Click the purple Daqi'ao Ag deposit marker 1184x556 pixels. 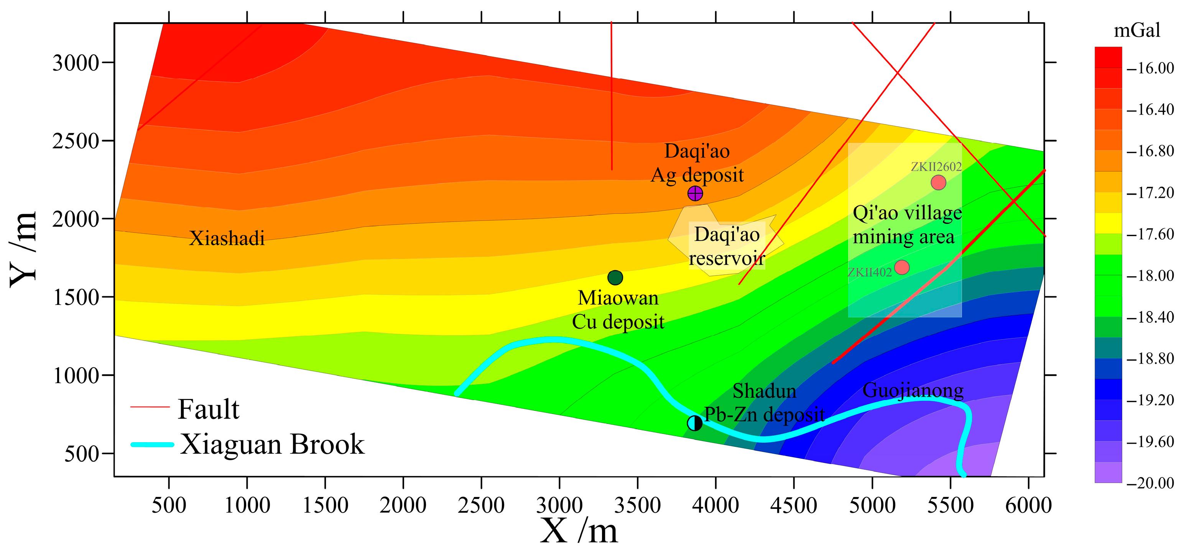point(695,194)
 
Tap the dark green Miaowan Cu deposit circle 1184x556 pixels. point(615,277)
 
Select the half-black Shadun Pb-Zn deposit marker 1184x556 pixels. point(694,423)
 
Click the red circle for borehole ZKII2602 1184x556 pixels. point(938,182)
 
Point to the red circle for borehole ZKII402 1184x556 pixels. point(902,267)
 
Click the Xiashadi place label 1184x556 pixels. point(227,238)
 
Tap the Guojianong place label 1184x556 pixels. point(913,390)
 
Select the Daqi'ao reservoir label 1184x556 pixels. point(727,246)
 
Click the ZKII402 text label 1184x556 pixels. point(870,272)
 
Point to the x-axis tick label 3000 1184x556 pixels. point(559,505)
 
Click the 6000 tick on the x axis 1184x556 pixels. point(1028,505)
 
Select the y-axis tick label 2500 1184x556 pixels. point(76,141)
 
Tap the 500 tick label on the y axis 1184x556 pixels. point(82,454)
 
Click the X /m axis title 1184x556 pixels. point(579,531)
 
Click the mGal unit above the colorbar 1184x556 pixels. point(1137,31)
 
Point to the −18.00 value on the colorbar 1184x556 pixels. point(1150,276)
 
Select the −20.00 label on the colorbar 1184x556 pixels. point(1150,483)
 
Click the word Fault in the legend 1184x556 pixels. point(208,409)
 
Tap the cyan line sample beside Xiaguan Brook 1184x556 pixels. point(153,444)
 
